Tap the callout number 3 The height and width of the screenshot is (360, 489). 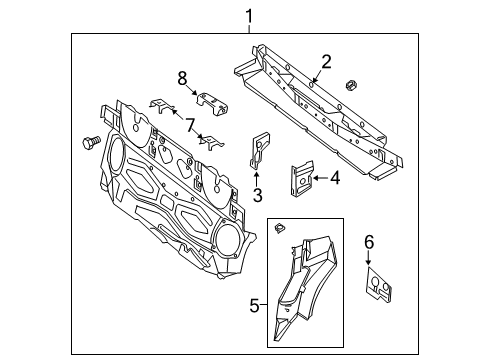coord(257,195)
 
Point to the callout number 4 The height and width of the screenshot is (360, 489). coord(336,180)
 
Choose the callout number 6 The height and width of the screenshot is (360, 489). coord(368,243)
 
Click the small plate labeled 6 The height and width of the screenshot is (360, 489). coord(379,286)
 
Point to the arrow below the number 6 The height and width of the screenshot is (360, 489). coord(368,260)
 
